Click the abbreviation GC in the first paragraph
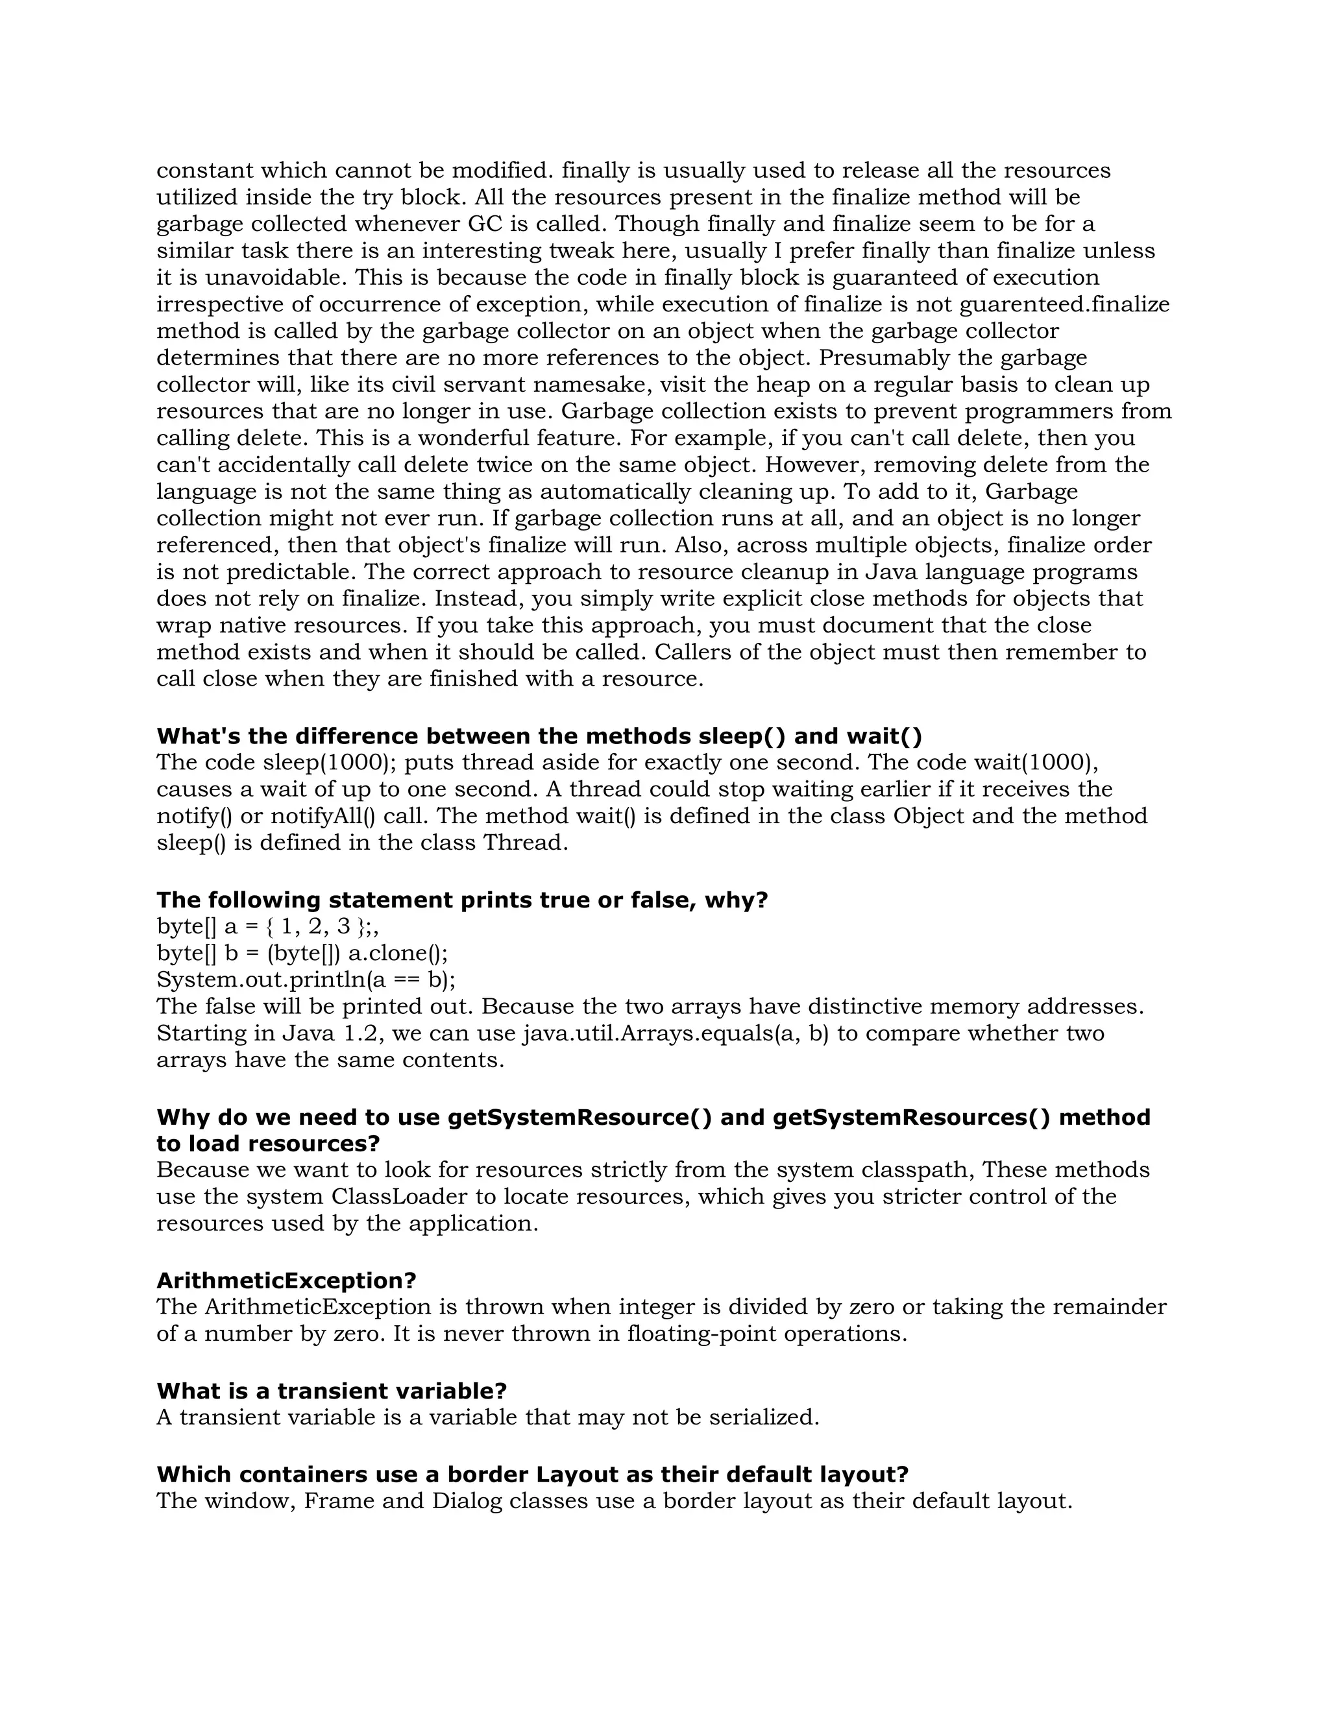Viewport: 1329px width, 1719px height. pos(485,224)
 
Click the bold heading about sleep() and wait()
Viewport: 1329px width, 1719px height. pos(539,736)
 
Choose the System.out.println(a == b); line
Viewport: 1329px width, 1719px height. pos(306,980)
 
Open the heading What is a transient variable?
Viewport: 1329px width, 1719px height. pos(332,1391)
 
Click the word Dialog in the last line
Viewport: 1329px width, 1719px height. pos(466,1501)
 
